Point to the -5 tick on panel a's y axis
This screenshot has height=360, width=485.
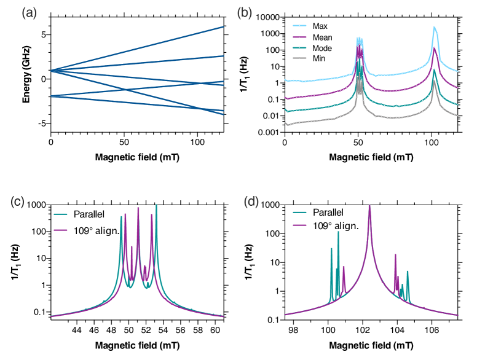pos(43,123)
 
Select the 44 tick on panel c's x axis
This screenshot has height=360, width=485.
pos(77,330)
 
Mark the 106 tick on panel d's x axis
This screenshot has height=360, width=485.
pos(432,330)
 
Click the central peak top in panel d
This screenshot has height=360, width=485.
pos(369,206)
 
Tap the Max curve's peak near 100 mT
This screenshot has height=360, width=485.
pos(434,28)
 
